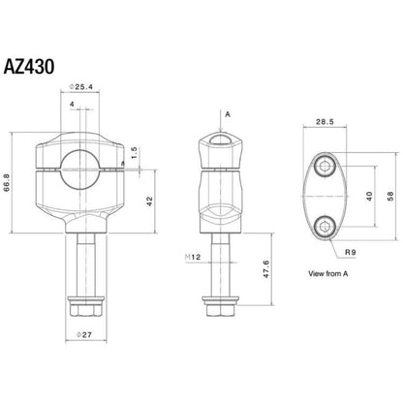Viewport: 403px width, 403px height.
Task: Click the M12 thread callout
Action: (192, 257)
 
